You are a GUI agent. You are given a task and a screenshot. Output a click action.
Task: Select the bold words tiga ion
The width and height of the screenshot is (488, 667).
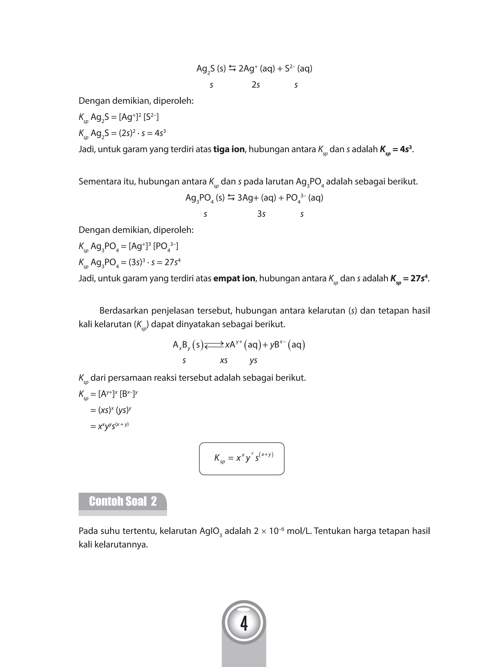(229, 149)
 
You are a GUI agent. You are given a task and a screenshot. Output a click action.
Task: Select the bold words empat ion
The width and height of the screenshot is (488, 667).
(234, 278)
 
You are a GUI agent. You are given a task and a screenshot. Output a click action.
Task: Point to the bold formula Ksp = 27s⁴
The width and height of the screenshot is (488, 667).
(409, 279)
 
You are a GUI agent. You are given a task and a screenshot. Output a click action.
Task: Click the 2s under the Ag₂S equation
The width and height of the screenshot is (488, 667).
(255, 85)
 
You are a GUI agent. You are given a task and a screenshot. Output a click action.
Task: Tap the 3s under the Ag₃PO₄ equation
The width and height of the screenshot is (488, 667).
(261, 214)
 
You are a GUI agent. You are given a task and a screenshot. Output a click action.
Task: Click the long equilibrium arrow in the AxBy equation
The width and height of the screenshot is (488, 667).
(214, 345)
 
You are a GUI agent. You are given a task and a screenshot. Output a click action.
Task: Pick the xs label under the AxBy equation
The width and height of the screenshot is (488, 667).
(224, 360)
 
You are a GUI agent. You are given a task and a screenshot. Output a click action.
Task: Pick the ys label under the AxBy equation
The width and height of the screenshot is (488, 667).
(253, 360)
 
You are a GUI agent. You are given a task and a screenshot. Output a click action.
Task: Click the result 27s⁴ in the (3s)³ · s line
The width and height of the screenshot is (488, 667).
(172, 262)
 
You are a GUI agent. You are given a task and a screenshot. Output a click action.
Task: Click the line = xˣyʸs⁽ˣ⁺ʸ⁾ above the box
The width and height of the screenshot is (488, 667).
(109, 426)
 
